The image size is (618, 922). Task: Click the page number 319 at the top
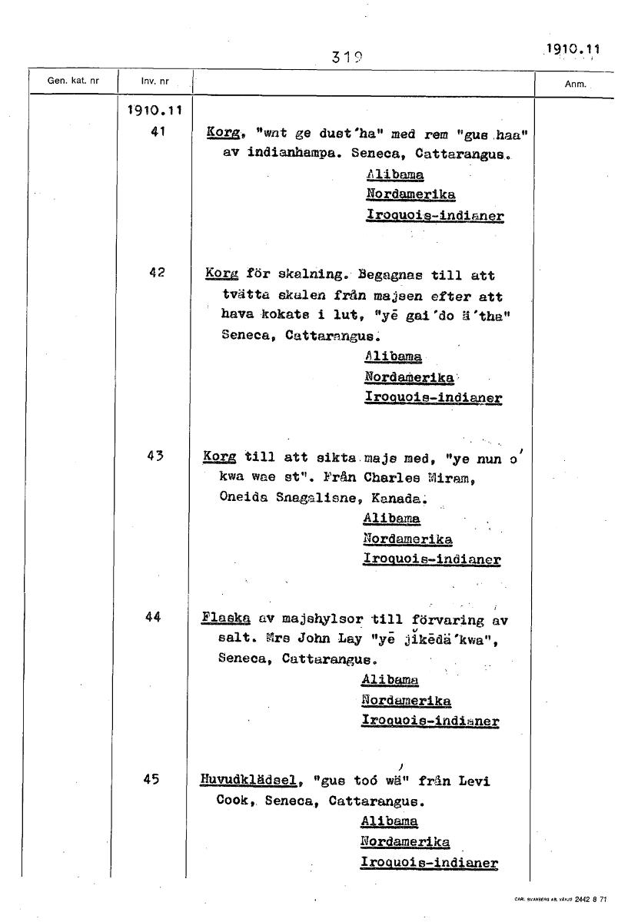[347, 56]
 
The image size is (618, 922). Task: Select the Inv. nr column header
[154, 81]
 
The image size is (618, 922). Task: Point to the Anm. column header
[576, 85]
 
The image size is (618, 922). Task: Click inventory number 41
[158, 131]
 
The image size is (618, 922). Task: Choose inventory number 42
[158, 272]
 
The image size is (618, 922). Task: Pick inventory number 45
[151, 778]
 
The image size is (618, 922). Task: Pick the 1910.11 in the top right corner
[571, 49]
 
